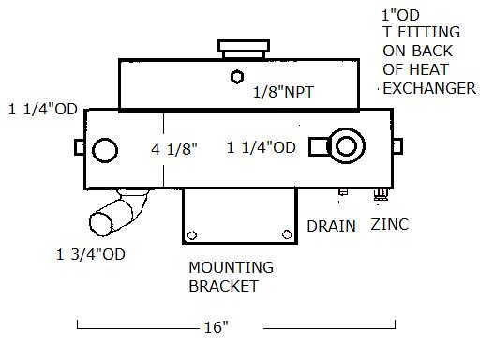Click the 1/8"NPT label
283,92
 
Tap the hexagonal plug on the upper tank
237,77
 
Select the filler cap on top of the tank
244,49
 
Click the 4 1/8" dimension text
174,149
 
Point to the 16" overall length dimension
217,327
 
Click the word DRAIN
331,226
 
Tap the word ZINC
390,224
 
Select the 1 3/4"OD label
91,254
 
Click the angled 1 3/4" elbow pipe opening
101,224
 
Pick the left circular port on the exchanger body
105,150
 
